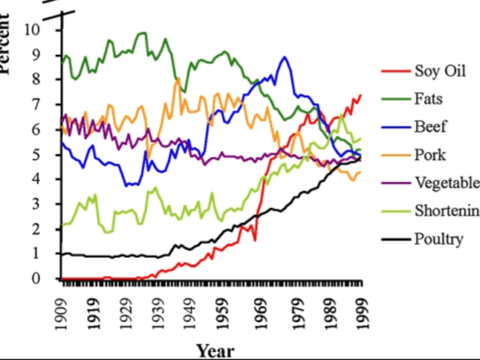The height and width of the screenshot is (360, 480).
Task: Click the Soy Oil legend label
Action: (x=440, y=71)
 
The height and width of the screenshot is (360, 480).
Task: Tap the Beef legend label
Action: (x=430, y=127)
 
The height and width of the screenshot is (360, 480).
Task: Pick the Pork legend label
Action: (x=430, y=155)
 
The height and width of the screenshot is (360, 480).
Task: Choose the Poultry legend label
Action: (x=439, y=239)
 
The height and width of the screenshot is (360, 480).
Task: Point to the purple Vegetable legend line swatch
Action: (x=395, y=182)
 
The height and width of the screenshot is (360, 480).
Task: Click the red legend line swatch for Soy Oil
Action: (x=395, y=71)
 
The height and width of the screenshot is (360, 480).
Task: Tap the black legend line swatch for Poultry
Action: (x=395, y=239)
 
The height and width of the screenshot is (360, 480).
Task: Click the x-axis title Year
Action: (x=215, y=350)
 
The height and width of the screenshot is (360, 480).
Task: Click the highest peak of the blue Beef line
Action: (x=284, y=58)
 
